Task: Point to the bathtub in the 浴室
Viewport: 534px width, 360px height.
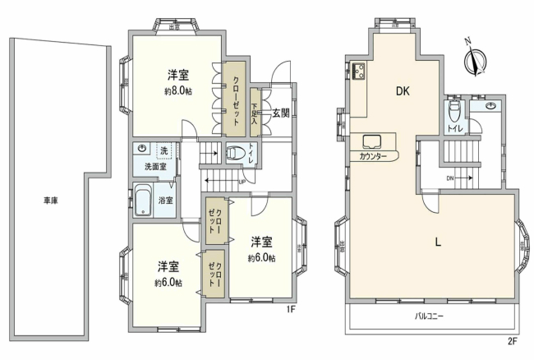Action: point(144,199)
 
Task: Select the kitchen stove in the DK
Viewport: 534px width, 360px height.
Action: point(359,72)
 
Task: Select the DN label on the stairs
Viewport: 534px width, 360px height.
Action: point(450,177)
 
